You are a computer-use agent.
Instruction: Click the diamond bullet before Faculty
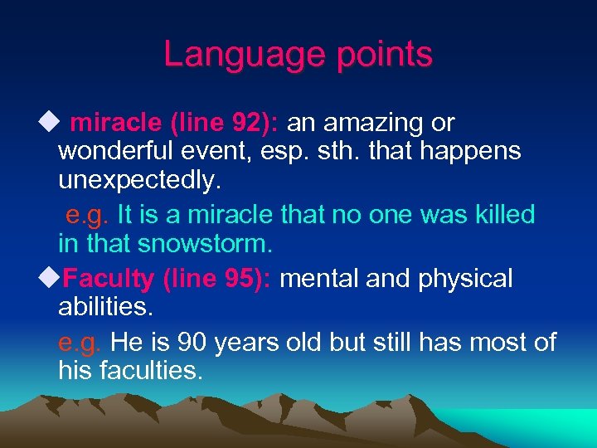point(56,277)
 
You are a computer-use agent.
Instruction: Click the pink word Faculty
point(109,279)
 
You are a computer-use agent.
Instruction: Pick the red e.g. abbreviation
point(80,341)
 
